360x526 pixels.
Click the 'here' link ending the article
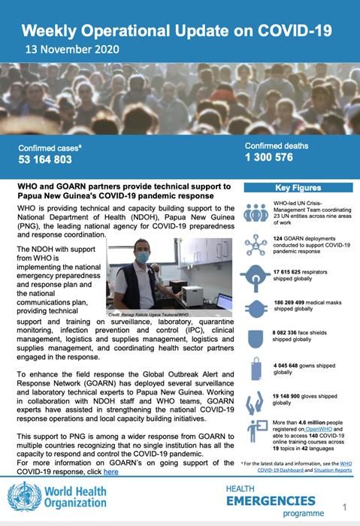[110, 471]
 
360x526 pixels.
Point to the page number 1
[343, 507]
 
